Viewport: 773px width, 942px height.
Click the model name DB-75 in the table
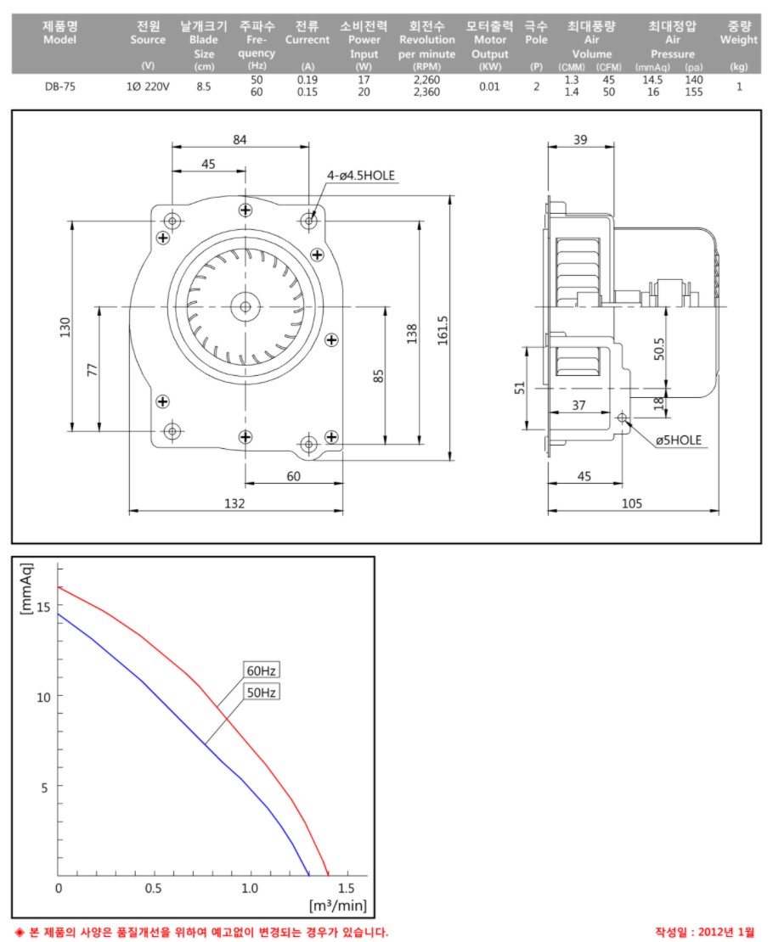[x=60, y=87]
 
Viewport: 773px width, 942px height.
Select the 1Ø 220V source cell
[x=148, y=87]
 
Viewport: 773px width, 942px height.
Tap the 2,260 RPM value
[x=426, y=80]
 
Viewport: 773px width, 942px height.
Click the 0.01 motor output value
[x=489, y=87]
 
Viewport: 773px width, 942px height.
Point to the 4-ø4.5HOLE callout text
[x=361, y=176]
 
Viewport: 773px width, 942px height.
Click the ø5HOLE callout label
[x=679, y=440]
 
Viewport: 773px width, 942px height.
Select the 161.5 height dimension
[x=443, y=331]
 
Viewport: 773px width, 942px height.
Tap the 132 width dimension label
[x=234, y=503]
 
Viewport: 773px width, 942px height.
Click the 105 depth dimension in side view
[x=632, y=503]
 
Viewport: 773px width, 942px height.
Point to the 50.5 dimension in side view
[x=659, y=349]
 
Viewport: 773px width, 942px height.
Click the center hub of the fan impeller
[x=245, y=307]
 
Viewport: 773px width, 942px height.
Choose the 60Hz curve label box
[x=262, y=670]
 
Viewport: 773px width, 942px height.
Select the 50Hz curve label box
[x=262, y=692]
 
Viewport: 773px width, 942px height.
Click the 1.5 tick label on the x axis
[x=347, y=888]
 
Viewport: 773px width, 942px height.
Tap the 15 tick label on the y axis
[x=43, y=607]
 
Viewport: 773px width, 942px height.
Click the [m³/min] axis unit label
[x=337, y=906]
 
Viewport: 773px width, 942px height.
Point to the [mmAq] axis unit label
[x=25, y=589]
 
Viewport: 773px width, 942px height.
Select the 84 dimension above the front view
[x=240, y=140]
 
